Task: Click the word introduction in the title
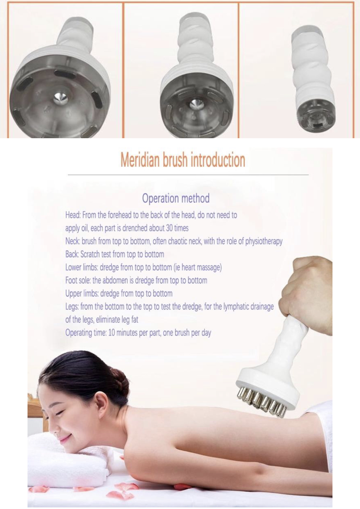(218, 160)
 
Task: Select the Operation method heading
(176, 198)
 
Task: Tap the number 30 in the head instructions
(169, 228)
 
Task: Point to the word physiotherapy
(264, 241)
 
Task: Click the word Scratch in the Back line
(90, 254)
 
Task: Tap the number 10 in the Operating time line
(112, 333)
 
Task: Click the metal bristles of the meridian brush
(261, 403)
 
